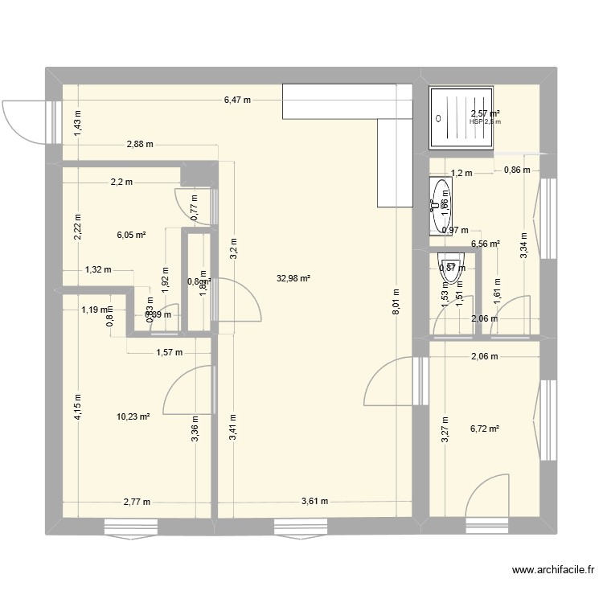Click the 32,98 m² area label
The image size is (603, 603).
[x=293, y=279]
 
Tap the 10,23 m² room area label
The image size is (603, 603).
[x=133, y=416]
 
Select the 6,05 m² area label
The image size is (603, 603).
[x=131, y=235]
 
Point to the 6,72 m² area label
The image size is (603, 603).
[x=485, y=429]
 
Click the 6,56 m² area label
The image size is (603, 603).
[x=485, y=244]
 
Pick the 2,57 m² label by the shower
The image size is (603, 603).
[x=486, y=114]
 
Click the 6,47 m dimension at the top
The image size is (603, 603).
[x=237, y=100]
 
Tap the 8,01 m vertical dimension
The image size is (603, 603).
[x=396, y=304]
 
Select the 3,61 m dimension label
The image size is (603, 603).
[x=314, y=501]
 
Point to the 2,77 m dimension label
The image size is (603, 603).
[x=138, y=501]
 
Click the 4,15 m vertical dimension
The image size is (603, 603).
[x=78, y=407]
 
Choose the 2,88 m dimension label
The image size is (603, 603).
[x=139, y=144]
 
